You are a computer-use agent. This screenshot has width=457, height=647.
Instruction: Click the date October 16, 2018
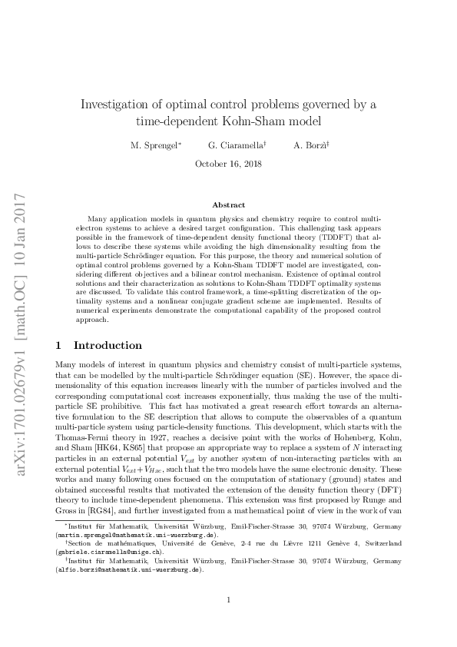tap(228, 164)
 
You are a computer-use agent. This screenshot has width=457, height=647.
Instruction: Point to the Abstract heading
tap(228, 205)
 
